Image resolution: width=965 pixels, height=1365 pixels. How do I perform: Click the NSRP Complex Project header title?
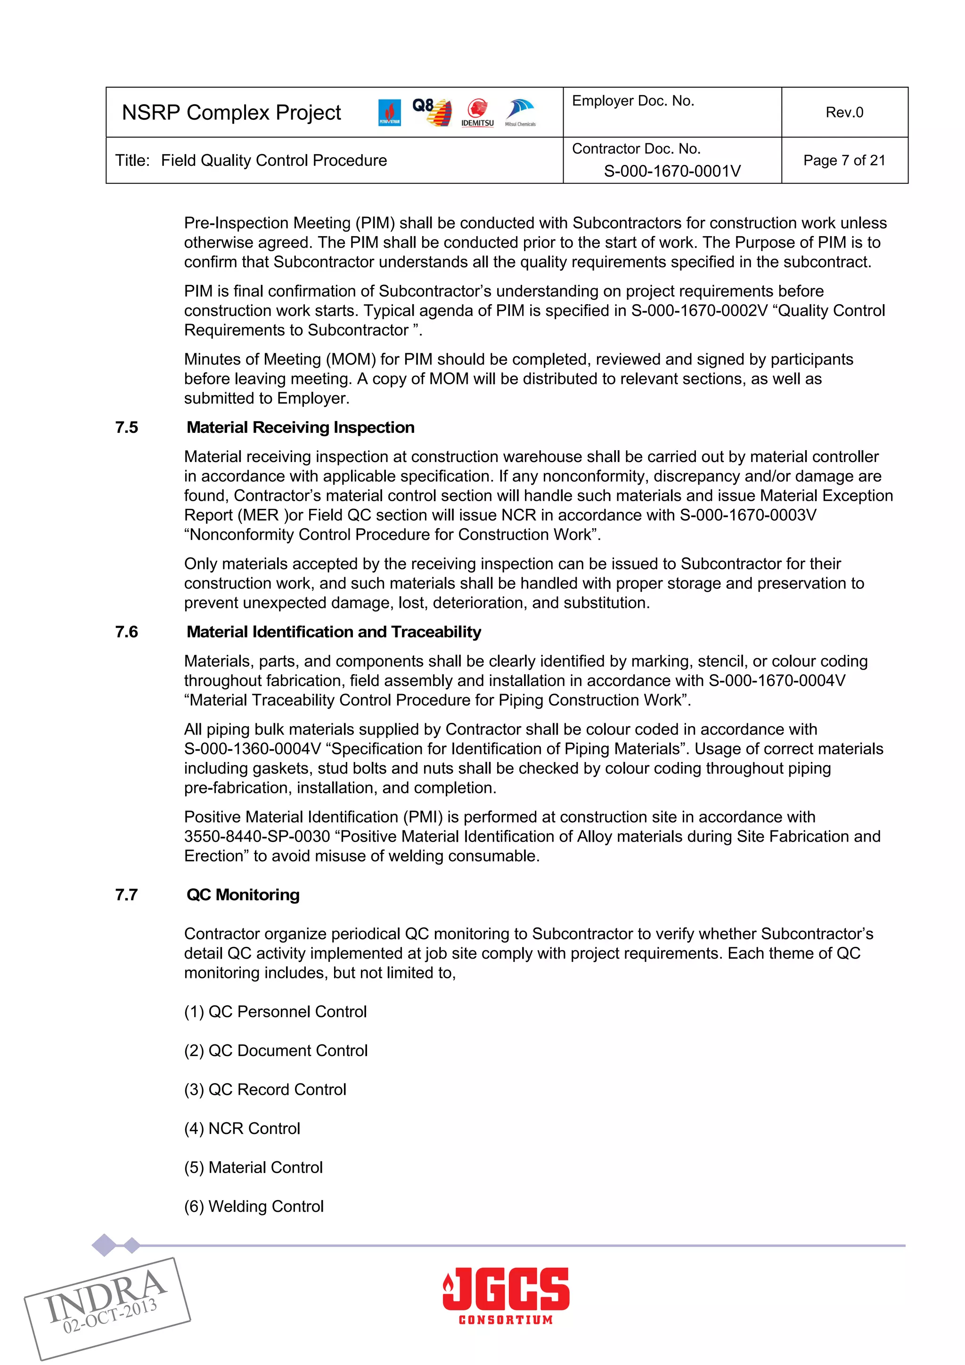pyautogui.click(x=231, y=112)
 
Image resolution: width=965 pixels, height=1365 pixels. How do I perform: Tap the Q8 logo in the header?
pyautogui.click(x=432, y=112)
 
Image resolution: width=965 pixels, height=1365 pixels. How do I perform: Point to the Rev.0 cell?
pyautogui.click(x=844, y=112)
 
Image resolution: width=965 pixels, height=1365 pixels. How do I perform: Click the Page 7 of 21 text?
pyautogui.click(x=844, y=160)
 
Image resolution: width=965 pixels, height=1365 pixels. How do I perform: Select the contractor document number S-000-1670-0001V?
pyautogui.click(x=672, y=171)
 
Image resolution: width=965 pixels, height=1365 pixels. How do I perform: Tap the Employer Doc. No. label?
pyautogui.click(x=633, y=101)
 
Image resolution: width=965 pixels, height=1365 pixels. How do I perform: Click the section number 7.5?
pyautogui.click(x=127, y=428)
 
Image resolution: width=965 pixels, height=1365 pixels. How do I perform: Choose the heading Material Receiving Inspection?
pyautogui.click(x=300, y=428)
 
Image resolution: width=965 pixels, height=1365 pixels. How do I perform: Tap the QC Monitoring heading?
pyautogui.click(x=243, y=895)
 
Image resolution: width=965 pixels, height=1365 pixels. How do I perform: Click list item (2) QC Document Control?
pyautogui.click(x=276, y=1051)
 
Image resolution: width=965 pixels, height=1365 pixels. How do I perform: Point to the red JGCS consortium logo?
pyautogui.click(x=506, y=1296)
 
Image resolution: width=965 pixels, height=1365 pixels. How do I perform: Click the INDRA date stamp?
pyautogui.click(x=107, y=1308)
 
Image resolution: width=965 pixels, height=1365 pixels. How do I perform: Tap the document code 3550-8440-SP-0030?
pyautogui.click(x=257, y=836)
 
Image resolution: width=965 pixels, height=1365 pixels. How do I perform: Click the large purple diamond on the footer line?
pyautogui.click(x=105, y=1245)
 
